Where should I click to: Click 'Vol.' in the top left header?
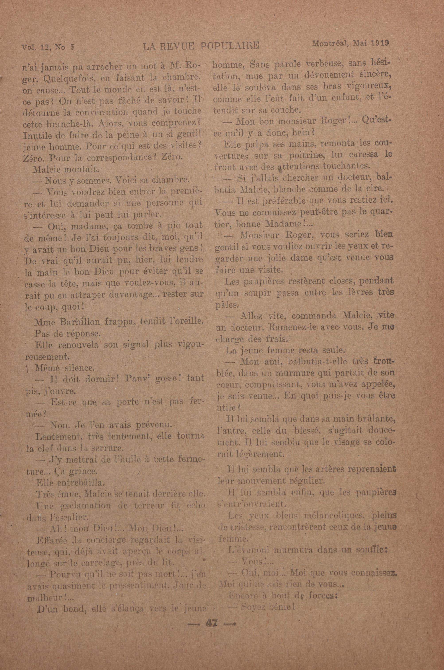click(28, 47)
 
